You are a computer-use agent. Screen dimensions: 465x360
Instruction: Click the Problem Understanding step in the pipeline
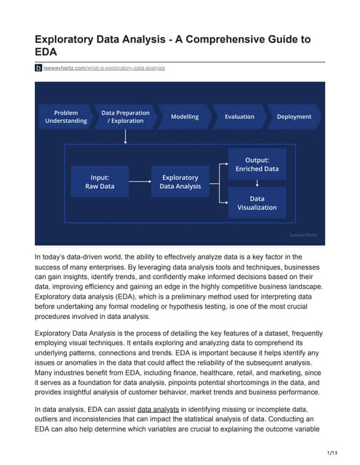(x=66, y=117)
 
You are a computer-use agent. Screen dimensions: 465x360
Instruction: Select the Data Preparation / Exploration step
(x=125, y=117)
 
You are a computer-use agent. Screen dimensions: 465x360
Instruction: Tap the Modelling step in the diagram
(x=185, y=117)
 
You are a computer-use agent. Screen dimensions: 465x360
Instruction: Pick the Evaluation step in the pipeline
(x=239, y=117)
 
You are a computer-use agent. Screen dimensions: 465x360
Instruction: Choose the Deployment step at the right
(x=293, y=117)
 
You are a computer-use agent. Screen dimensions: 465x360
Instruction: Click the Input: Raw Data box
(x=100, y=181)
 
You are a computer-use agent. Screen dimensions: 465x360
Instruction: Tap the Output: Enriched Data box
(x=257, y=163)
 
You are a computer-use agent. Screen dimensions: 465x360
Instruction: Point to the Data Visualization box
(x=257, y=202)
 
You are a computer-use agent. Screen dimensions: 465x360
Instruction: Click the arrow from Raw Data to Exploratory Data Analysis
(x=140, y=181)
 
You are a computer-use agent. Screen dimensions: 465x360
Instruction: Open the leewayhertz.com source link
(x=104, y=68)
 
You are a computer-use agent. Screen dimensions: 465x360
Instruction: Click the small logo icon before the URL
(x=39, y=68)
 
